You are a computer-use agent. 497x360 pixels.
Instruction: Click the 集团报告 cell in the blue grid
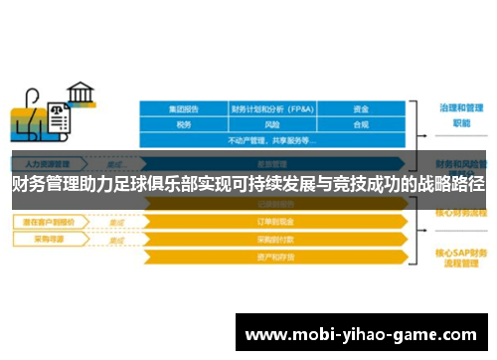183,109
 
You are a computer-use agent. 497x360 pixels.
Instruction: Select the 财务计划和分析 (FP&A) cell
270,109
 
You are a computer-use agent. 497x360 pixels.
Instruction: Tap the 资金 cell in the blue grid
361,109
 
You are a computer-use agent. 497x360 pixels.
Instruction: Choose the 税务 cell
183,125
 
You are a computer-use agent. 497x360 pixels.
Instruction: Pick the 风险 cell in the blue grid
270,125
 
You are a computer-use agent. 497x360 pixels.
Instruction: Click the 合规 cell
361,125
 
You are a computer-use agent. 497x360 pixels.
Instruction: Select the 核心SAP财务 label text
459,253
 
